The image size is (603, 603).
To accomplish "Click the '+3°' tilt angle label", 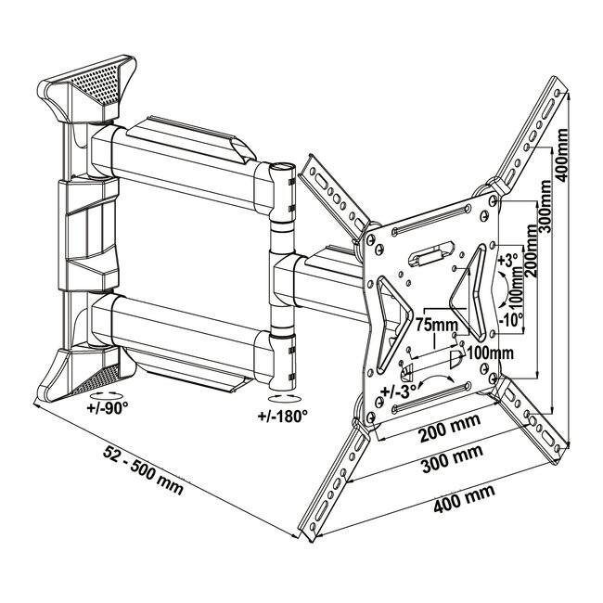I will (x=508, y=263).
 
